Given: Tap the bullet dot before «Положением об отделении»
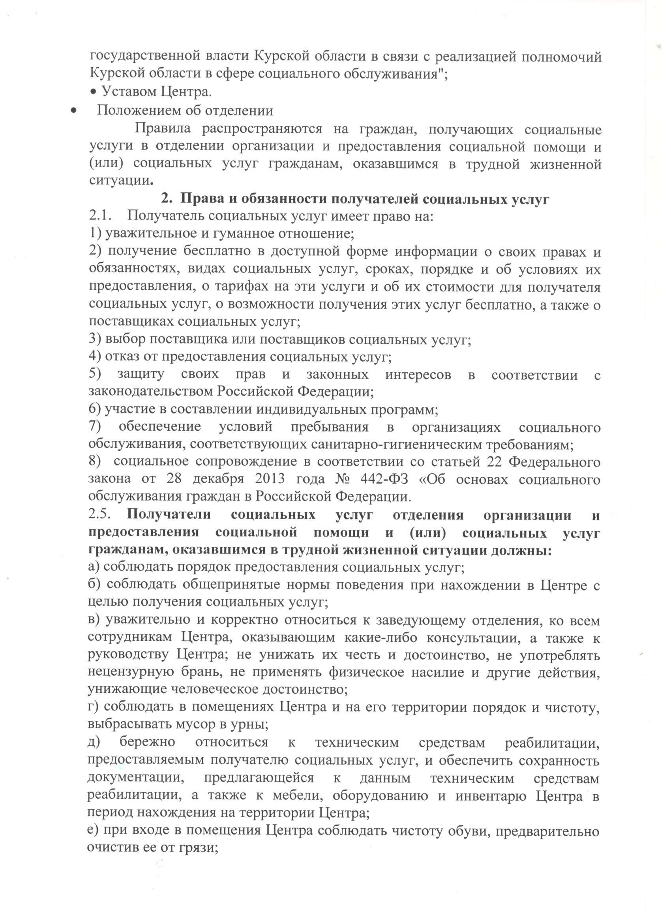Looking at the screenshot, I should (74, 111).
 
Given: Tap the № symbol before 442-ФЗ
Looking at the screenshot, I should (345, 479).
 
